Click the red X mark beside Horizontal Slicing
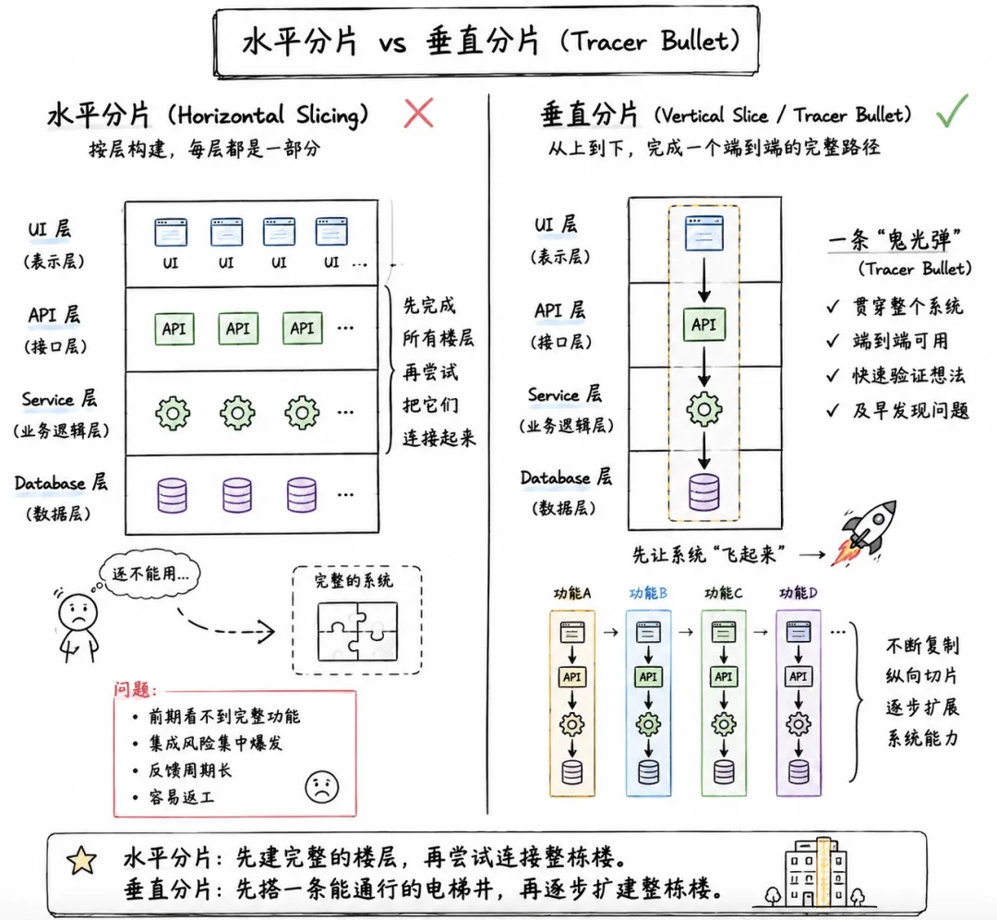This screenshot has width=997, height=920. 419,114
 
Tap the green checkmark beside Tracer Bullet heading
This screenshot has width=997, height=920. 951,113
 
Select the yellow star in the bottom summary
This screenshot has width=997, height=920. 82,860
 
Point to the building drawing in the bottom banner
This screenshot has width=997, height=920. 816,872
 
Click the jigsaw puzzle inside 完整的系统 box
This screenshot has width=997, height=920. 357,631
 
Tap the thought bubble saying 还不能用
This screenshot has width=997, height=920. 150,574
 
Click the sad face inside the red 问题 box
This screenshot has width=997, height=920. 322,786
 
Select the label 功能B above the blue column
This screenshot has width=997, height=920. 648,593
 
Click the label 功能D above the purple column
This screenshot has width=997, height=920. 798,593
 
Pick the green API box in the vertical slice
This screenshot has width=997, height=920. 703,324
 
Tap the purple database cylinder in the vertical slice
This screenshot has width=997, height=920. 704,491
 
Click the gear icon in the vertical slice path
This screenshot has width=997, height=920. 703,408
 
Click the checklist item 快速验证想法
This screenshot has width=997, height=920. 908,375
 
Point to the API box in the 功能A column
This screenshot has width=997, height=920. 571,677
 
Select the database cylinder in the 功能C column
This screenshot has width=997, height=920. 724,772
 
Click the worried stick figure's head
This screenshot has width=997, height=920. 78,612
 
